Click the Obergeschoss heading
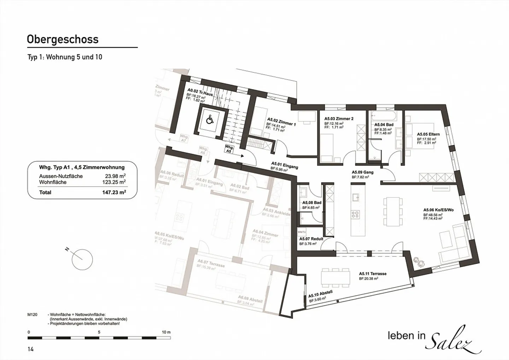pyautogui.click(x=63, y=39)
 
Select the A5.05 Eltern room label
pyautogui.click(x=428, y=134)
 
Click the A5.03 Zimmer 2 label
pyautogui.click(x=339, y=119)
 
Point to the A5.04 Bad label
pyautogui.click(x=384, y=125)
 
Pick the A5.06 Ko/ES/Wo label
pyautogui.click(x=438, y=210)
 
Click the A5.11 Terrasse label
pyautogui.click(x=373, y=274)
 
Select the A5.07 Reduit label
pyautogui.click(x=311, y=239)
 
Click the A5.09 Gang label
pyautogui.click(x=362, y=173)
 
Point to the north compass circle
pyautogui.click(x=82, y=260)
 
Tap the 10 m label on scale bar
pyautogui.click(x=166, y=332)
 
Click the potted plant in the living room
pyautogui.click(x=420, y=262)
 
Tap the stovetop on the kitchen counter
pyautogui.click(x=355, y=214)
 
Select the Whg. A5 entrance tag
pyautogui.click(x=229, y=149)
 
